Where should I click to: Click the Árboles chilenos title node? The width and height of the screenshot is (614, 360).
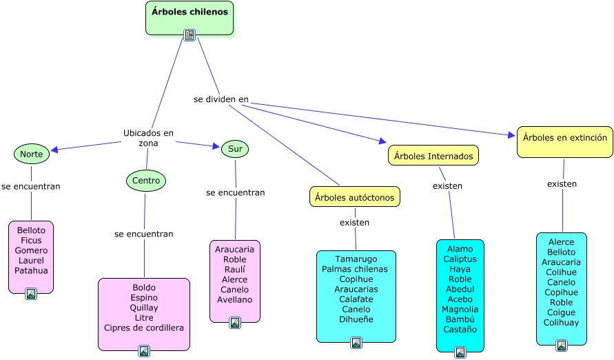pos(190,12)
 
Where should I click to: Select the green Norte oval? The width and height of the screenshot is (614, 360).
pos(32,154)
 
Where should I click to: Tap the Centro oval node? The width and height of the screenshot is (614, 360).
pos(146,181)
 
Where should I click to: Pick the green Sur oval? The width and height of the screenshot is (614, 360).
pos(235,149)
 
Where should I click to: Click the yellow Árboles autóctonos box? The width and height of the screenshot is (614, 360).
pos(355,197)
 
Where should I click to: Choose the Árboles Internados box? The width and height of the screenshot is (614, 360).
pos(433,157)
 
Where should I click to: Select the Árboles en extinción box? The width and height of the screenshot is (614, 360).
pos(565,138)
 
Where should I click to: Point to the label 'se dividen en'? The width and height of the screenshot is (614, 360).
pos(221,99)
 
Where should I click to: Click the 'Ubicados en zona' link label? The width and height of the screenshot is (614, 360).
pos(148,138)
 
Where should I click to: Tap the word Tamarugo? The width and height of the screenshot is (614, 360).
pos(356,259)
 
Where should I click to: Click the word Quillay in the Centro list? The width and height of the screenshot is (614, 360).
pos(144,308)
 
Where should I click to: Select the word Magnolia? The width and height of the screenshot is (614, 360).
pos(460,310)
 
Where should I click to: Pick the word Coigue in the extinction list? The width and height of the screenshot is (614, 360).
pos(562,312)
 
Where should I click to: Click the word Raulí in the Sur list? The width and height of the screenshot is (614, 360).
pos(235,270)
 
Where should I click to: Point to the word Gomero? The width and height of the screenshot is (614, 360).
pos(31,250)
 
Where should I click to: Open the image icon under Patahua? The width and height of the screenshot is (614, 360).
pos(31,294)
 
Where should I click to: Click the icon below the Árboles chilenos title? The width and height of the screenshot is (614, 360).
pos(190,34)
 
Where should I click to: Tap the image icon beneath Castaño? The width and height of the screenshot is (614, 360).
pos(460,352)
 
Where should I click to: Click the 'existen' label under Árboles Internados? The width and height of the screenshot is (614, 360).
pos(447,186)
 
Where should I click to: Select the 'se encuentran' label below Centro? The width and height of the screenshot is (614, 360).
pos(144,234)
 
